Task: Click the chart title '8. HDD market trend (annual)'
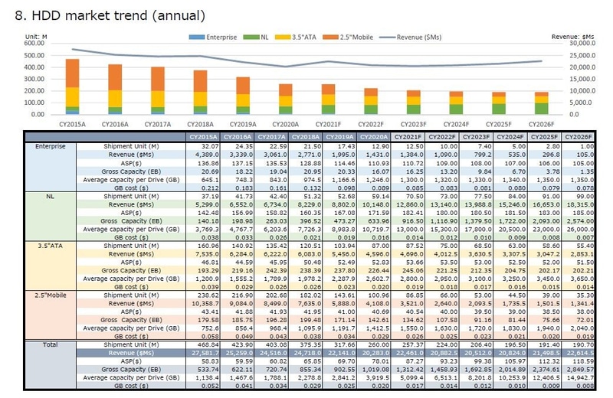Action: click(110, 15)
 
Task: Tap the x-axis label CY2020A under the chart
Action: click(285, 122)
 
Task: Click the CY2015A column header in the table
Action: click(203, 136)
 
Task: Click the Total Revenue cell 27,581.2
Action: click(204, 353)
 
